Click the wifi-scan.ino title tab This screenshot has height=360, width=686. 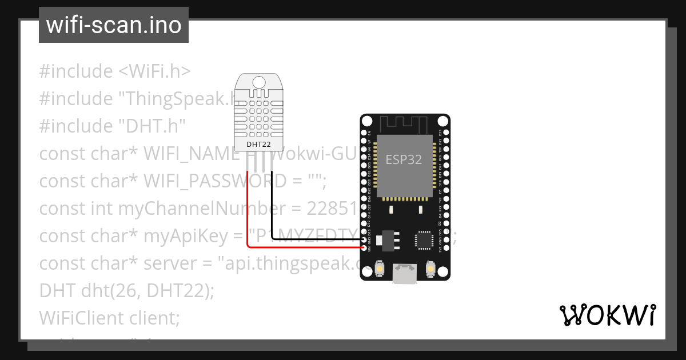pos(113,26)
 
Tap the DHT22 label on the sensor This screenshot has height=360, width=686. pos(258,145)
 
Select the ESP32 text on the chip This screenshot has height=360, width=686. pos(404,159)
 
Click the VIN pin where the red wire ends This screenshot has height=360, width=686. pos(364,247)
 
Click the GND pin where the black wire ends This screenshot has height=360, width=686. pos(364,241)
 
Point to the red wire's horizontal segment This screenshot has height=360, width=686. pos(303,247)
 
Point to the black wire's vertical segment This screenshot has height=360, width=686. pos(272,206)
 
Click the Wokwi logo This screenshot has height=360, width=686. pos(607,315)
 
